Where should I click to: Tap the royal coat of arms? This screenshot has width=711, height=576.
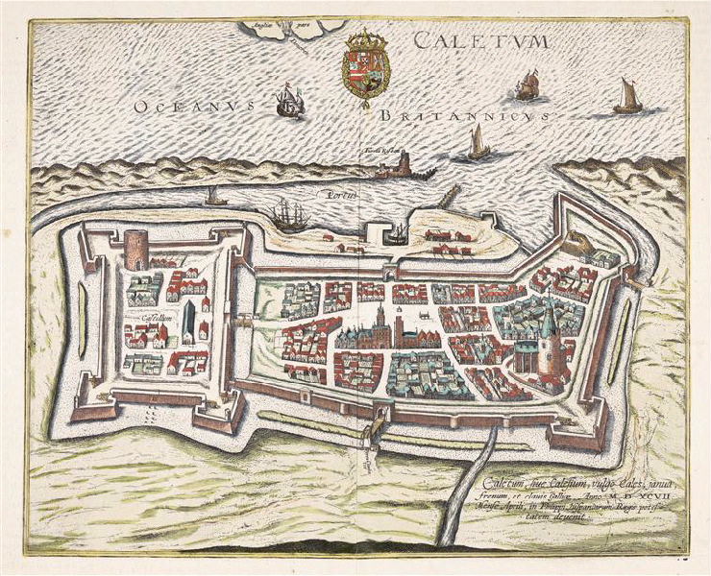[x=366, y=67]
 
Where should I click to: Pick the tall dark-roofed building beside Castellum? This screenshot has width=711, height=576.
[x=189, y=321]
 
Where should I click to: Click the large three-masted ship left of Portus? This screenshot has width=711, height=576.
[x=289, y=215]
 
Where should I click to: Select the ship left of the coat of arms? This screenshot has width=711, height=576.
[x=289, y=101]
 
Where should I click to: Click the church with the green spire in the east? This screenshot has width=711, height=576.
[x=548, y=341]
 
